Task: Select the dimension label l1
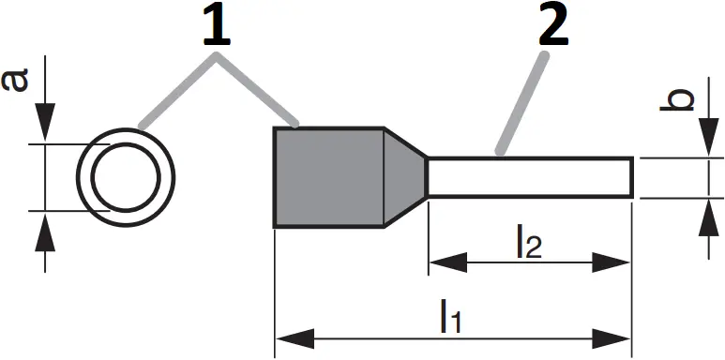coord(450,318)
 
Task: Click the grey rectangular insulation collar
coord(328,177)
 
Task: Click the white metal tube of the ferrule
coord(530,177)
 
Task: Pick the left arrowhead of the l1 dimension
coord(287,336)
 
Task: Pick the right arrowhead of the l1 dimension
coord(619,336)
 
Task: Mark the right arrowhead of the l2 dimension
coord(619,262)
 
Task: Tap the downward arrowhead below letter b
coord(705,144)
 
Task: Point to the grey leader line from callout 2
coord(523,103)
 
